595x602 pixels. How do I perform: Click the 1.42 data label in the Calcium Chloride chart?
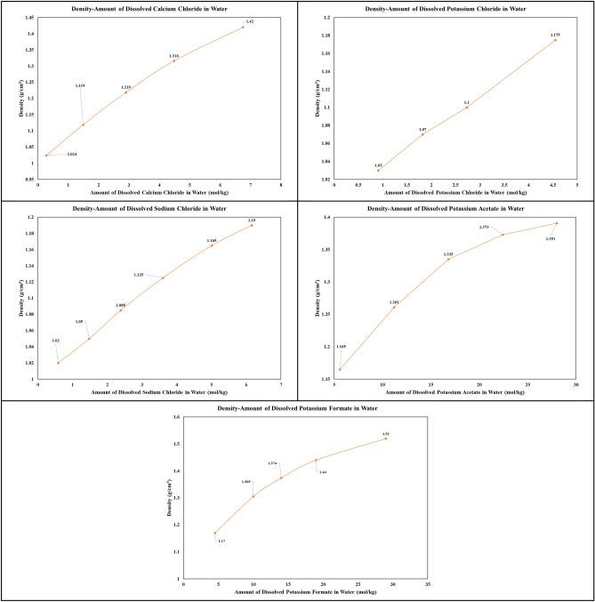(250, 20)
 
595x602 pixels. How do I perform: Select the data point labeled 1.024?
(46, 156)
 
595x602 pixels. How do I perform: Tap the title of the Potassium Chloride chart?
(446, 8)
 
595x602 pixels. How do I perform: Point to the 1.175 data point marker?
(556, 40)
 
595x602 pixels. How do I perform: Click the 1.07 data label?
(423, 129)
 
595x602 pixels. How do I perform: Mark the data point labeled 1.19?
(252, 225)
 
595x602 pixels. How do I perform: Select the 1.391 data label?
(551, 237)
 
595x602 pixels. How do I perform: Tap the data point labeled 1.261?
(394, 308)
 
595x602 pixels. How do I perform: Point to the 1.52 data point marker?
(386, 438)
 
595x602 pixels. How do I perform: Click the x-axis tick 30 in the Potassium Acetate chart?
(575, 385)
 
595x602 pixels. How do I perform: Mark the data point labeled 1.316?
(174, 60)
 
